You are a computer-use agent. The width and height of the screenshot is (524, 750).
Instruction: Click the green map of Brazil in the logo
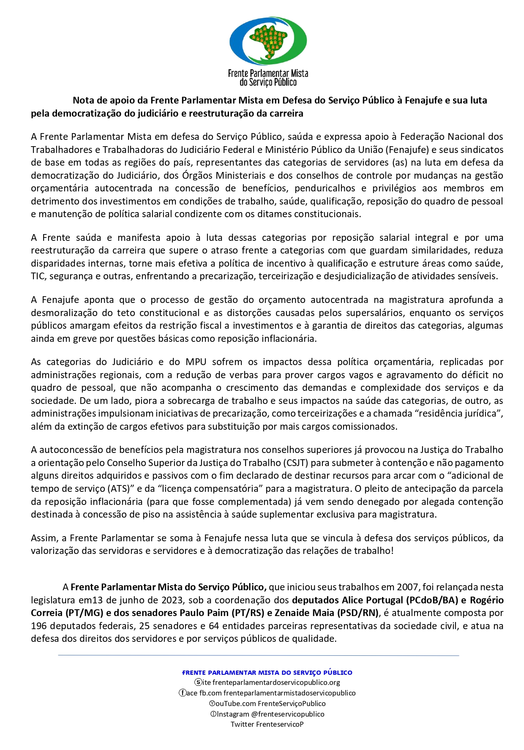(x=268, y=40)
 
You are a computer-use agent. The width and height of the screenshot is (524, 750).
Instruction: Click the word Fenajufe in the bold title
(x=422, y=101)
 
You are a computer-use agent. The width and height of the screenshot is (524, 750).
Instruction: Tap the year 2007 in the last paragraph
(x=408, y=587)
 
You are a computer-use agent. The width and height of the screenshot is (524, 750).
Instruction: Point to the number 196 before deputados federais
(x=39, y=626)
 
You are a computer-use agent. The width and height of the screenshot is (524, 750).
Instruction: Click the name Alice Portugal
(x=372, y=600)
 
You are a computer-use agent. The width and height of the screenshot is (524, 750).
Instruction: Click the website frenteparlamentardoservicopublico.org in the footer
(x=276, y=682)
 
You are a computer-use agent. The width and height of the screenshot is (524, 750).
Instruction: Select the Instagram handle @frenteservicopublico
(x=287, y=714)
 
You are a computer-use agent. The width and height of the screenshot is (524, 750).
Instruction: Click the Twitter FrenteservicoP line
(x=267, y=724)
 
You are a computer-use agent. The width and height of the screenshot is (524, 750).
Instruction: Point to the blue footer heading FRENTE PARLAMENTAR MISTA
(x=267, y=673)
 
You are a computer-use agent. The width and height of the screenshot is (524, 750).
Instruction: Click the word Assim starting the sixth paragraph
(x=44, y=538)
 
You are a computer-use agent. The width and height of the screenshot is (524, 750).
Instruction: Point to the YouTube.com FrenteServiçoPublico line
(x=267, y=704)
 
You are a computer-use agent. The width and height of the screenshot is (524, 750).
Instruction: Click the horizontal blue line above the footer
(x=259, y=655)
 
